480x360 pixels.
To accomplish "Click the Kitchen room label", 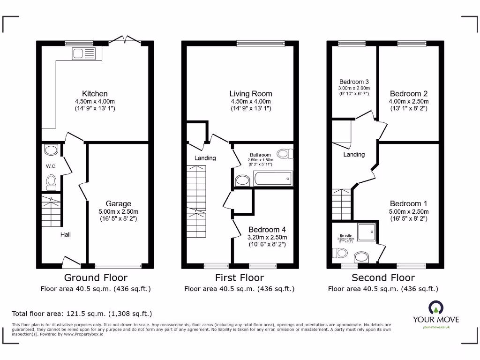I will coord(95,94).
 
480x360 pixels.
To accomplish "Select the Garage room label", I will coord(118,204).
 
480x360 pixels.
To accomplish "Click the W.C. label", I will coord(51,166).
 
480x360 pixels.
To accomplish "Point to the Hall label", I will coord(65,234).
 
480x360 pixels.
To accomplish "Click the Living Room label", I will coord(251,94).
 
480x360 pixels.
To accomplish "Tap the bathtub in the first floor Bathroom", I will coord(272,179).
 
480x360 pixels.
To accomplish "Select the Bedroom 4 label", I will coord(267,230).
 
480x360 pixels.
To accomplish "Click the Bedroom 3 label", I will coord(354,82).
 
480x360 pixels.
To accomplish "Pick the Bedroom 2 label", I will coord(409,94).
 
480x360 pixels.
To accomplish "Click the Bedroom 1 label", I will coord(409,204).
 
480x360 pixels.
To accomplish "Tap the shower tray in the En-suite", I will coord(367,232).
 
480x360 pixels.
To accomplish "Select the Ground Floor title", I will coord(96,278).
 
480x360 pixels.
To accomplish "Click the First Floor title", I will coord(240,278).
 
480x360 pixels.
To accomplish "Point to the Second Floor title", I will coord(383,278).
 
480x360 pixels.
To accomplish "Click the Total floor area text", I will coord(82,314).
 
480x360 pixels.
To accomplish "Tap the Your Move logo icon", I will coord(436,307).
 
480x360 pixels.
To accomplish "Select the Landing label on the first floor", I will coord(205,158).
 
